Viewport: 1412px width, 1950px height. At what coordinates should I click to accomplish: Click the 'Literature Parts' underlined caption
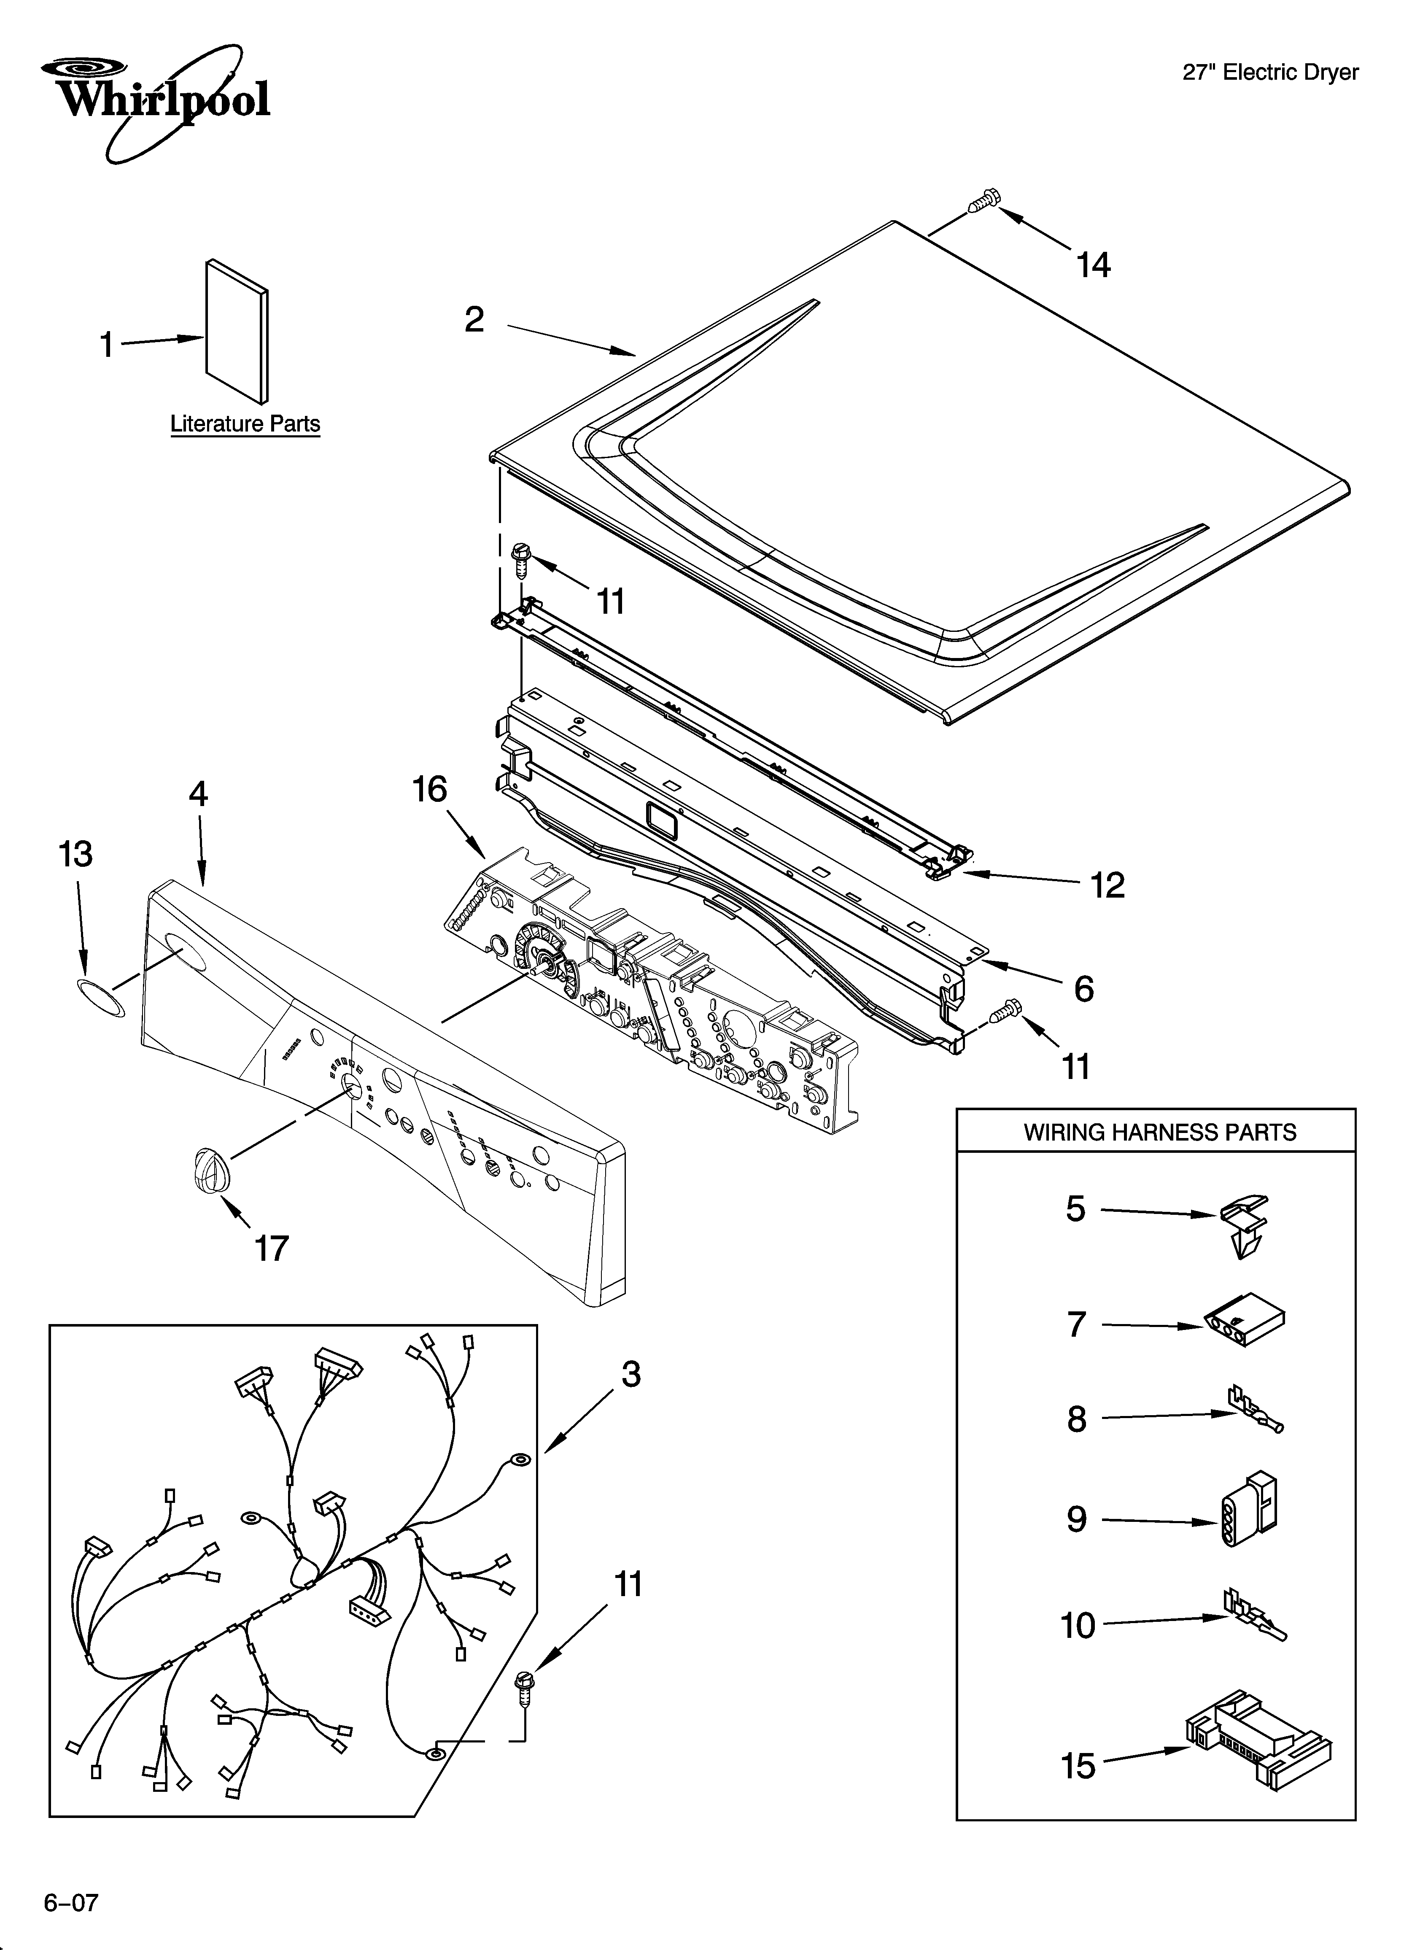(245, 424)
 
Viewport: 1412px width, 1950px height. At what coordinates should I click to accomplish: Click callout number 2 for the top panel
(474, 320)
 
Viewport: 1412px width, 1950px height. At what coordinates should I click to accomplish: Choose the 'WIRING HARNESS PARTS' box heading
(1159, 1133)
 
